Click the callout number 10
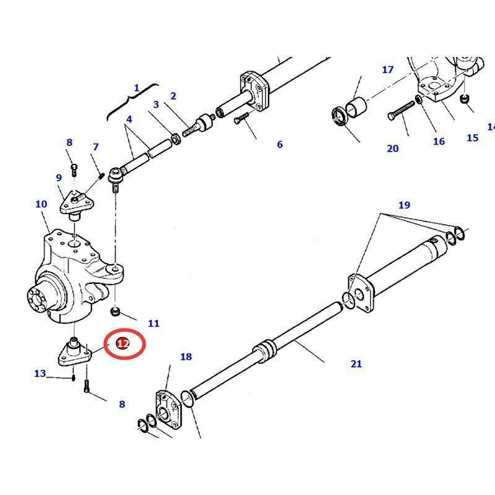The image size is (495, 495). tap(41, 204)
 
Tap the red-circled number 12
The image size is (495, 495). tap(123, 344)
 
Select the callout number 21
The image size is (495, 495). tap(356, 364)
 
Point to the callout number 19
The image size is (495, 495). tap(403, 205)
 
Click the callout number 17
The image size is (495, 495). tap(387, 69)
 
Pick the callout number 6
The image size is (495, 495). tap(280, 144)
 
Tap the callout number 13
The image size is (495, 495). tap(40, 373)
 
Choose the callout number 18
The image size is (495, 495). tap(186, 356)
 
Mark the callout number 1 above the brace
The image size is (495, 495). tap(137, 88)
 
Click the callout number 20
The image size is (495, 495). tap(393, 148)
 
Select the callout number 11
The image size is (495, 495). tap(153, 323)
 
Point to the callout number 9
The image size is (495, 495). tap(59, 178)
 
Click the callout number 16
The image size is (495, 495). tap(439, 141)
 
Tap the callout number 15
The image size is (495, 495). tap(472, 137)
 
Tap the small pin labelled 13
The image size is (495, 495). tap(73, 377)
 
